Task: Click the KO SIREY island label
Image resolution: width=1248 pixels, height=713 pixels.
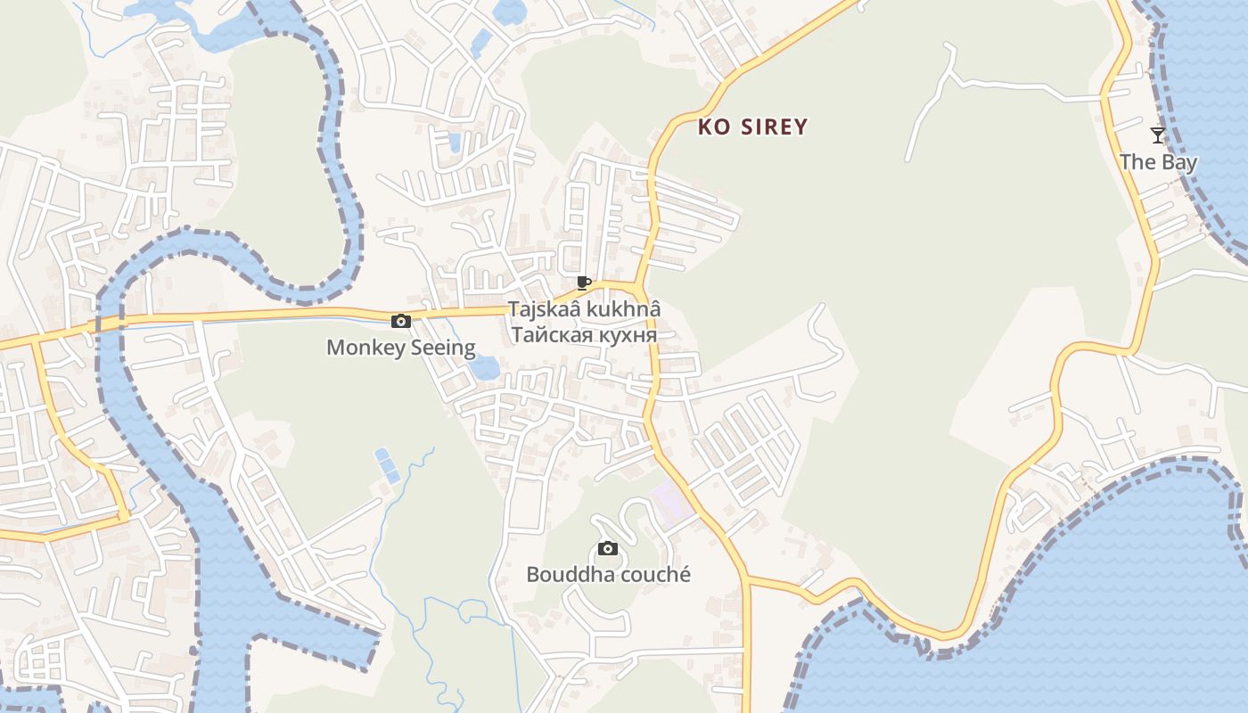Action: point(752,127)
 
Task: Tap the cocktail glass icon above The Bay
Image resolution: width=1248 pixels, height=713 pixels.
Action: point(1158,135)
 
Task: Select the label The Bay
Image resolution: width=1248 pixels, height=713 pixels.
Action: point(1158,162)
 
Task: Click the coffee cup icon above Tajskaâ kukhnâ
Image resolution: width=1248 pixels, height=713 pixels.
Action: point(584,283)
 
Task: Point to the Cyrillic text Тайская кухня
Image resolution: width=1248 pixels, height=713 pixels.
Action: point(584,335)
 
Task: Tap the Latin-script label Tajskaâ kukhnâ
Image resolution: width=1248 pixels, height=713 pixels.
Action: point(584,309)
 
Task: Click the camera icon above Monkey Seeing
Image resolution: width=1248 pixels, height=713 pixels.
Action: point(401,321)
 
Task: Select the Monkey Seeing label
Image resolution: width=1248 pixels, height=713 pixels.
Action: point(401,348)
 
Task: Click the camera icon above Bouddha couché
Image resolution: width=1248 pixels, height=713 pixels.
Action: point(608,548)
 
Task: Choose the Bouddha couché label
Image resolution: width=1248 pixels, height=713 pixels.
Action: point(608,575)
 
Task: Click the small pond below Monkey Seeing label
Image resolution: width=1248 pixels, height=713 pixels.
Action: point(484,367)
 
